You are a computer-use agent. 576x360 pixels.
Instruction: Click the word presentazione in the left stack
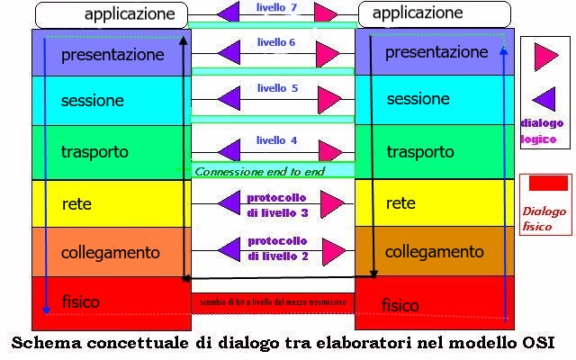[112, 55]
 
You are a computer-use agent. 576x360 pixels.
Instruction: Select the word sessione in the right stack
[418, 99]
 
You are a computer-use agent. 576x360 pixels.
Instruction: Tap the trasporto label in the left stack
[94, 151]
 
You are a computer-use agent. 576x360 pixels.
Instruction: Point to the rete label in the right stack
[400, 204]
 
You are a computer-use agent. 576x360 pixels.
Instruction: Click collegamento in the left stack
[110, 253]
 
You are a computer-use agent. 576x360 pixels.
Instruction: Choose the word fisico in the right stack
[400, 306]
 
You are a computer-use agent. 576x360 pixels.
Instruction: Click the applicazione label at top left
[130, 14]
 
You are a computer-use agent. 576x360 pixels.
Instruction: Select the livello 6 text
[276, 42]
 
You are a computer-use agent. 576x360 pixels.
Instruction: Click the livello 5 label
[277, 88]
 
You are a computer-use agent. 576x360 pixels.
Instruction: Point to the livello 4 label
[276, 140]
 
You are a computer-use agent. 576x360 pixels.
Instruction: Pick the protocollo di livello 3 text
[277, 204]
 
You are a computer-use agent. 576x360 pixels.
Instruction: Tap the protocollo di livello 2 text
[277, 249]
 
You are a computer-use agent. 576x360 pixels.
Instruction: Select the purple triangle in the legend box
[544, 98]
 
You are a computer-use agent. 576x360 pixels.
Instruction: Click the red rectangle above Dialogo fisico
[547, 184]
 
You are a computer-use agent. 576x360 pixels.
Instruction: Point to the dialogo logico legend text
[543, 130]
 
